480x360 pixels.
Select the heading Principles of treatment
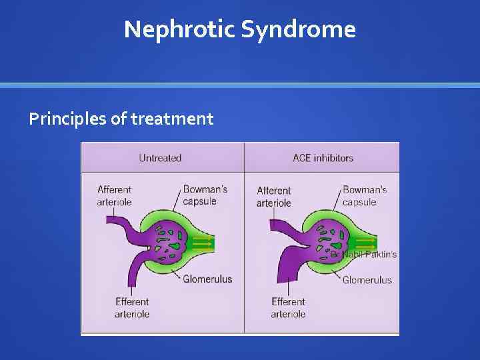121,119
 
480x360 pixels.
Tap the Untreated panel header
160,158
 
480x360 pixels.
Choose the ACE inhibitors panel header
323,158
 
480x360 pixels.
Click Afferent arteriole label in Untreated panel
115,195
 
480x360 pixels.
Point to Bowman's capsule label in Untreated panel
205,195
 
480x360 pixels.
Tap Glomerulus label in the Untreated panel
207,279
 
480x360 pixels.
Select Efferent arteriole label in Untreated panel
132,308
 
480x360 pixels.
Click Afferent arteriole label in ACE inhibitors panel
274,197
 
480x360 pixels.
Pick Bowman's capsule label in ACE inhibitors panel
364,195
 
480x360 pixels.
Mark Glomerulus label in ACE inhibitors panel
367,280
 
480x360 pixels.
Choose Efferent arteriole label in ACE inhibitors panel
288,308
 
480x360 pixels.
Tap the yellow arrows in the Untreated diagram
203,242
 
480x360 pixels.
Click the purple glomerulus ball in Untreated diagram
170,240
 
